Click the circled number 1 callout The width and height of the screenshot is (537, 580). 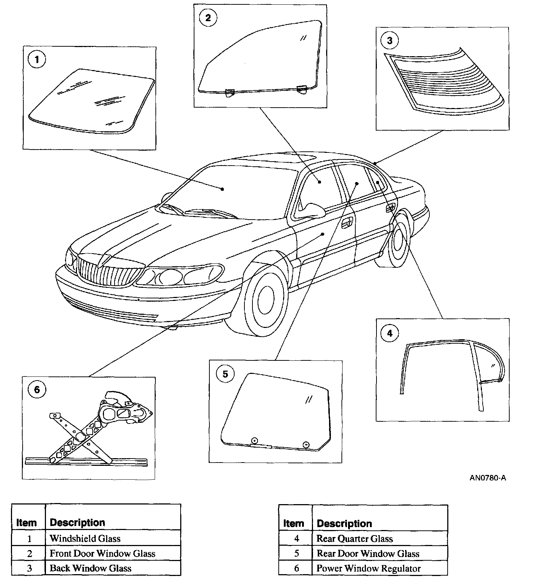click(x=37, y=59)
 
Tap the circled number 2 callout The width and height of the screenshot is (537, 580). click(x=208, y=18)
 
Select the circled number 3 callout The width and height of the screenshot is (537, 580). click(x=390, y=40)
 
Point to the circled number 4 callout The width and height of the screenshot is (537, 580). click(x=390, y=333)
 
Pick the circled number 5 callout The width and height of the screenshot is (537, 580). click(x=225, y=374)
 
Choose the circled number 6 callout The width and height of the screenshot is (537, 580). click(x=37, y=390)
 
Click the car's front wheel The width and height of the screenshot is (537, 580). click(x=266, y=299)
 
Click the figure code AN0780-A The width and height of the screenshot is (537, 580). click(x=487, y=478)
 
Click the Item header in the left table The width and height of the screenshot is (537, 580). click(x=27, y=523)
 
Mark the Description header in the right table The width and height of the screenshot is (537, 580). click(x=344, y=524)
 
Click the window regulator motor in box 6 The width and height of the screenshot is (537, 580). click(x=124, y=410)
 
